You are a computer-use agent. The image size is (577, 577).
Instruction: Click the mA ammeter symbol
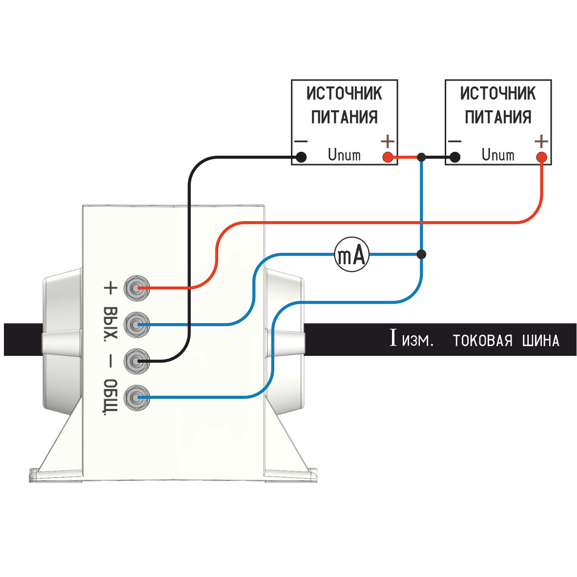coord(351,255)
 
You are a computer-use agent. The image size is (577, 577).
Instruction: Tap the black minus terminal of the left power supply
coord(302,157)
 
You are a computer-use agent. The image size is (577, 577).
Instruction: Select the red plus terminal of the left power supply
coord(388,157)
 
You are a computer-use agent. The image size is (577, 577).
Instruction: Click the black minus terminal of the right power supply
coord(455,157)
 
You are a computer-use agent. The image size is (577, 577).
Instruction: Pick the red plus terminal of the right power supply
coord(541,157)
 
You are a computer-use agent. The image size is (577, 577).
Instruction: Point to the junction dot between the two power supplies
coord(421,157)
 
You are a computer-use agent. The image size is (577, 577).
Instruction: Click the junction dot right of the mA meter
coord(421,254)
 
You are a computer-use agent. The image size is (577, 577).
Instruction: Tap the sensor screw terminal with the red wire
coord(136,288)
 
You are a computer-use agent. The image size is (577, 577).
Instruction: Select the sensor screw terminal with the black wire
coord(136,361)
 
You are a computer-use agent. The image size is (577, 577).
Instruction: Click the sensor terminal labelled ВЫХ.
coord(136,325)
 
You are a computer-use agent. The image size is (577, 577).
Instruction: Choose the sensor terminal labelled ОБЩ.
coord(136,398)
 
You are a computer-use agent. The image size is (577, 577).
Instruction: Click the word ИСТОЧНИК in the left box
coord(344,93)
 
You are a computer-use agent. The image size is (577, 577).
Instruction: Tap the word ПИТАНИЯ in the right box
coord(498,117)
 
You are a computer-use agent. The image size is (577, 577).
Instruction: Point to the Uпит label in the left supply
coord(344,155)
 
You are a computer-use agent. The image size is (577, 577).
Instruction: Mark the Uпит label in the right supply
coord(498,155)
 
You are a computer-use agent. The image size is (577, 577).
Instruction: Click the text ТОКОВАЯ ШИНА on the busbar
coord(506,340)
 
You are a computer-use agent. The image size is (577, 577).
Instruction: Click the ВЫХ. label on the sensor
coord(111,323)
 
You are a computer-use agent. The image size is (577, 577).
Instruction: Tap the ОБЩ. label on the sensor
coord(111,396)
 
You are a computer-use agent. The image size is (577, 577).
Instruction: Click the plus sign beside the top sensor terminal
coord(111,288)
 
